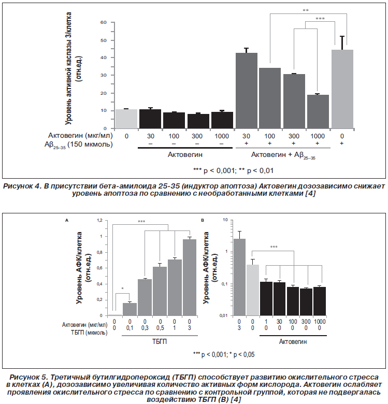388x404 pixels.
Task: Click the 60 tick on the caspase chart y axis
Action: [103, 22]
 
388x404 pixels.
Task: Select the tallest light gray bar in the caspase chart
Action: [342, 89]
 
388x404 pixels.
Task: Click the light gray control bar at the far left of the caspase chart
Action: [126, 119]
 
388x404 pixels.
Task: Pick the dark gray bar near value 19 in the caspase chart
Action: [318, 111]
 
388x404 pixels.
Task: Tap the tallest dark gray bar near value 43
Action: [246, 91]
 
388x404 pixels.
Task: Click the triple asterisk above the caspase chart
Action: [320, 19]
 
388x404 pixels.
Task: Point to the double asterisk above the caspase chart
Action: [306, 10]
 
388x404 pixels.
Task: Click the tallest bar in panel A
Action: [190, 278]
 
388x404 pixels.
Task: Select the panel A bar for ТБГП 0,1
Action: [130, 309]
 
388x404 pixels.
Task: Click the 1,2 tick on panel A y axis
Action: [99, 220]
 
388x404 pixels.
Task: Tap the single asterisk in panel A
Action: [122, 288]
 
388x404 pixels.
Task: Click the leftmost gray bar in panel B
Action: [239, 277]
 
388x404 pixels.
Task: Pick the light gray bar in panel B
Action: [253, 290]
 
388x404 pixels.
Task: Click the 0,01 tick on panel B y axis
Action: [224, 315]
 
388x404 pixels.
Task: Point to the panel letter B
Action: [203, 220]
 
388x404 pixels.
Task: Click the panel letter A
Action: [67, 220]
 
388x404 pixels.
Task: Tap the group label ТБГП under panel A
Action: [160, 342]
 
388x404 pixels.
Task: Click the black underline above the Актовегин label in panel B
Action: [293, 336]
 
